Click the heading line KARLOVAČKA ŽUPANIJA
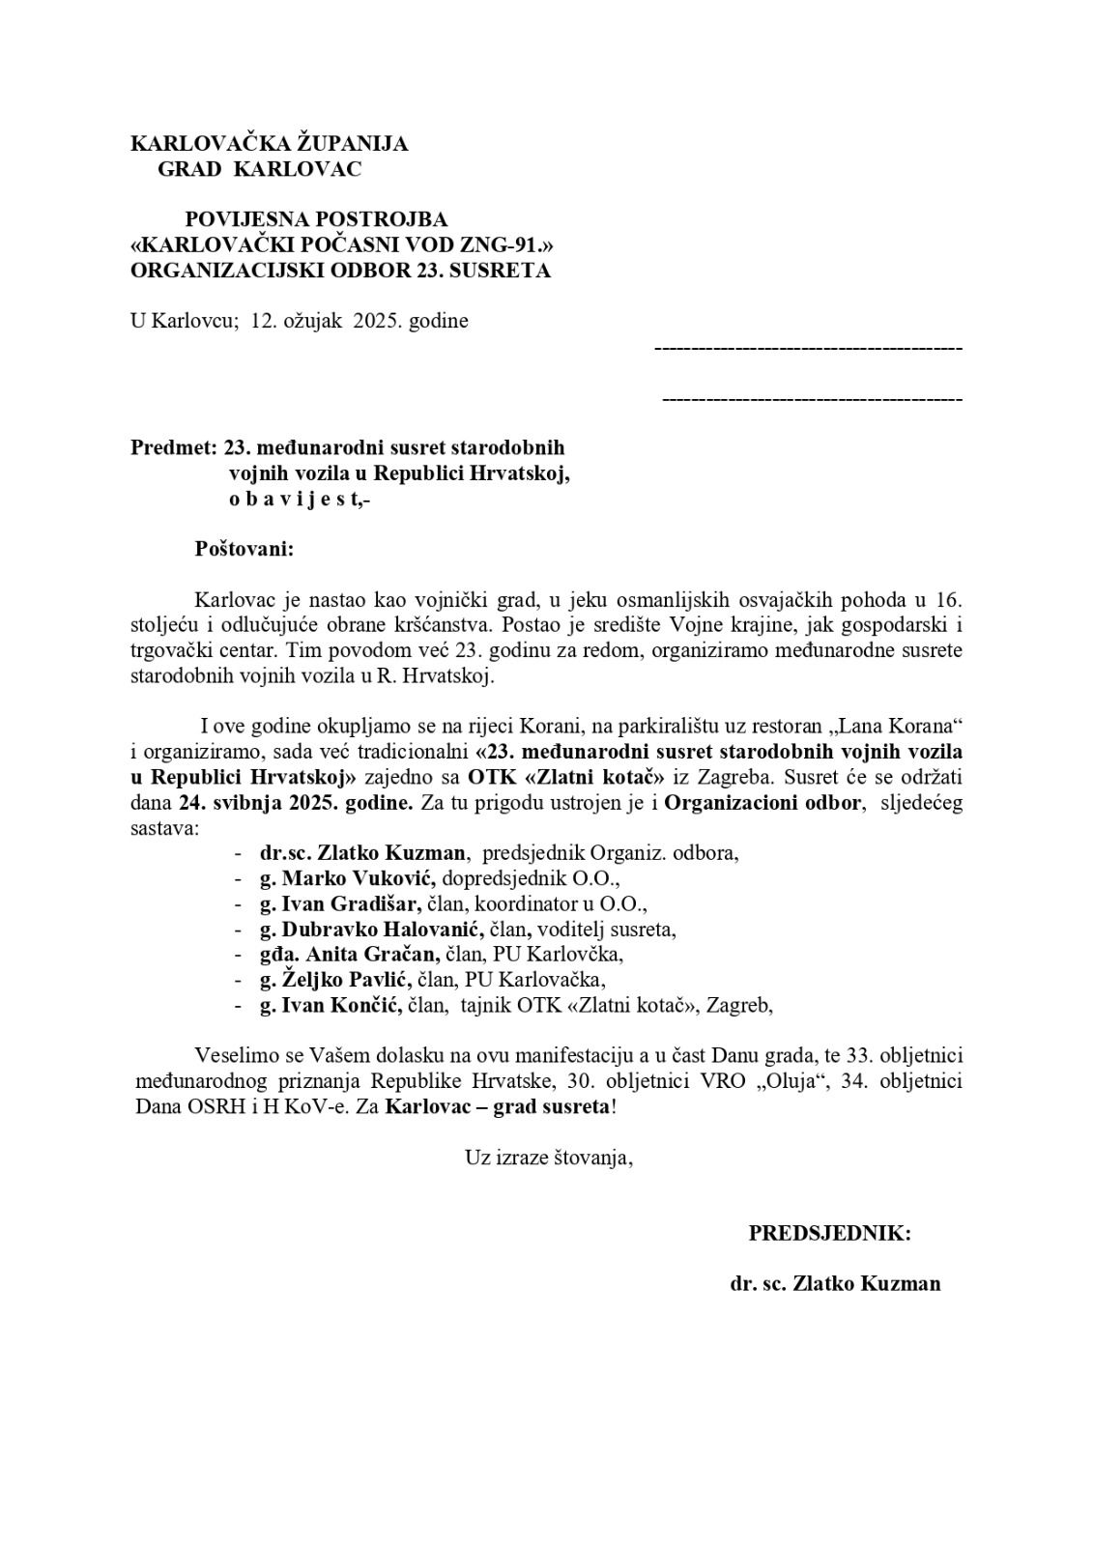point(269,144)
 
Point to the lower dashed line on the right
point(812,399)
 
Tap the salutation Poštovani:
point(244,549)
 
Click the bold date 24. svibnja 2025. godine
point(297,802)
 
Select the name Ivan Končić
point(344,1005)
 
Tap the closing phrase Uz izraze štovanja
point(548,1157)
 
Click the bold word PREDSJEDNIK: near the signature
point(829,1233)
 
